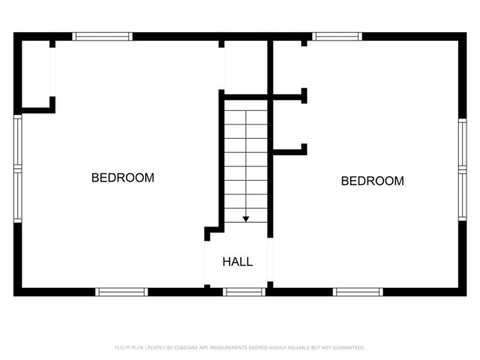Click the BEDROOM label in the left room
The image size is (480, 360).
(123, 178)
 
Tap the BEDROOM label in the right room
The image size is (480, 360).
(372, 181)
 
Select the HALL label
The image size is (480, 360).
(237, 262)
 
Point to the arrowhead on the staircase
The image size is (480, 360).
(246, 218)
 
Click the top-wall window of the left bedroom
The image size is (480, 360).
(103, 36)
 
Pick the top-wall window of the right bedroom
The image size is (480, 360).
(337, 36)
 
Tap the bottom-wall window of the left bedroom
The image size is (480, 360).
(121, 291)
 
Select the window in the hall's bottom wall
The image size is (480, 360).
(244, 291)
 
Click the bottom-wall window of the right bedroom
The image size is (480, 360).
(358, 291)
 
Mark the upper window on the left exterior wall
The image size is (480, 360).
(18, 142)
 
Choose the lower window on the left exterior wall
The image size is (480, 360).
(18, 196)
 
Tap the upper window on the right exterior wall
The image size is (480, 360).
(462, 142)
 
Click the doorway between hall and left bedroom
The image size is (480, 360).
(207, 262)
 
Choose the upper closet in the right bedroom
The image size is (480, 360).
(286, 67)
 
